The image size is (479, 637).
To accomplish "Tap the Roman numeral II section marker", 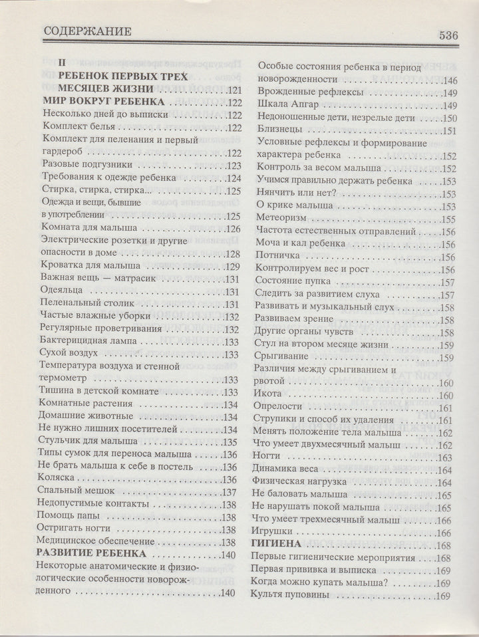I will (63, 63).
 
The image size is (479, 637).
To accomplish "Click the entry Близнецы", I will (279, 130).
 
